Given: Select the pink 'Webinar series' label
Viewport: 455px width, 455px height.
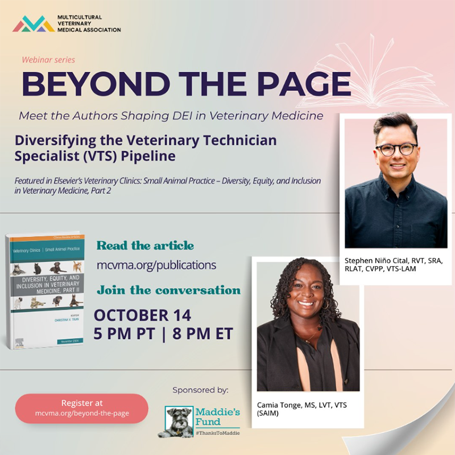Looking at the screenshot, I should (x=48, y=60).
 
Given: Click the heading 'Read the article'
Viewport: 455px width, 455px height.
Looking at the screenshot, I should (x=145, y=246).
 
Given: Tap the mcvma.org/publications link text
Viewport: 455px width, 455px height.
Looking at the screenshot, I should (x=156, y=265).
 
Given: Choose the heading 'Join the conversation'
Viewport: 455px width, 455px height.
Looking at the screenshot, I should (x=168, y=290).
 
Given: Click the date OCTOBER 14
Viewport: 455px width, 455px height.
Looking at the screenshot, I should (x=142, y=315).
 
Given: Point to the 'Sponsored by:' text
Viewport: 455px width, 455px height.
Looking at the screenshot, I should (x=200, y=390).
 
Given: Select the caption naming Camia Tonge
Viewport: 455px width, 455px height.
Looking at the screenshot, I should (x=302, y=409).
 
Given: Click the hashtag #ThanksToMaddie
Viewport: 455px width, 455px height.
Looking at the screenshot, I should (x=218, y=432).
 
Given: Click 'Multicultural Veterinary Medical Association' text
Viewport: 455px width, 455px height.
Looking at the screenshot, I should (x=88, y=23).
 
